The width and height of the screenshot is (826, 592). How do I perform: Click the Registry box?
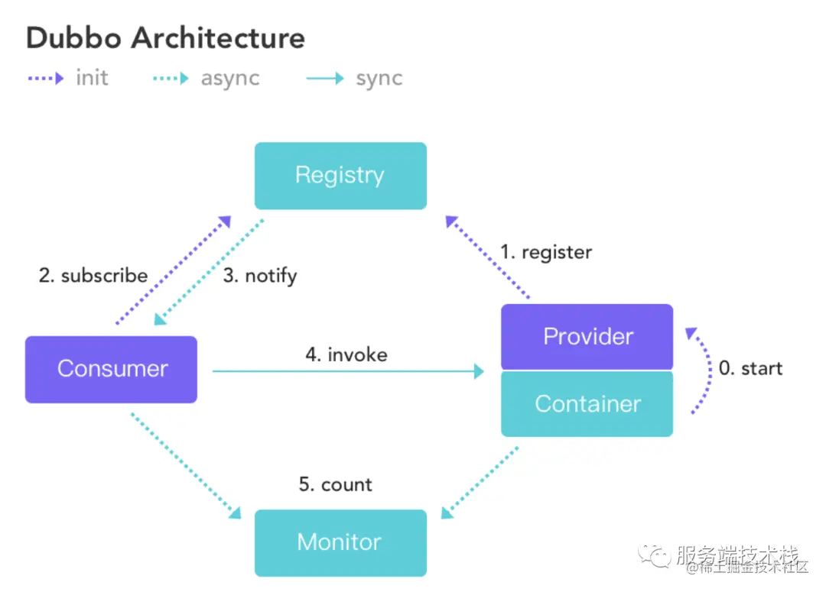340,176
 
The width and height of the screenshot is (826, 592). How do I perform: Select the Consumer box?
112,369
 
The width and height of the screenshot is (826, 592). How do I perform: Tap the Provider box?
587,336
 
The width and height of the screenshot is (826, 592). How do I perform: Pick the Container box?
587,403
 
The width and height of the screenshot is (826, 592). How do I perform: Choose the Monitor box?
340,542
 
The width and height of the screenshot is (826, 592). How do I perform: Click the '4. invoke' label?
346,354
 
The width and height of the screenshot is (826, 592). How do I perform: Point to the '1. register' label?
546,251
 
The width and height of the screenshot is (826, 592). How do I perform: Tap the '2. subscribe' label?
93,275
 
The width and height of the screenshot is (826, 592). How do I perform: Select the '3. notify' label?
260,275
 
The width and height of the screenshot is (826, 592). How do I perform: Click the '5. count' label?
336,484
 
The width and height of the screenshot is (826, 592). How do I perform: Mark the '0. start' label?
750,368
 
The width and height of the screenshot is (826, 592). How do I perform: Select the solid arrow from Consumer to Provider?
348,371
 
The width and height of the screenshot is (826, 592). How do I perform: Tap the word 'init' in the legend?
92,78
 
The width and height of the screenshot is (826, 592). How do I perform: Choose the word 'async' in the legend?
230,78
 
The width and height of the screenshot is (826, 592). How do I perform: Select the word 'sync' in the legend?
379,78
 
